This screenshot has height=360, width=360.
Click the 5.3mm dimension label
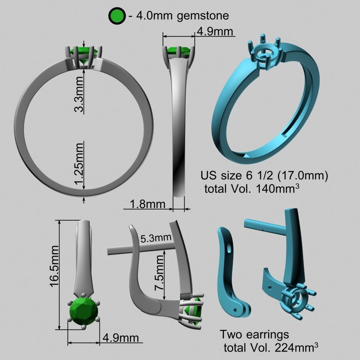click(x=156, y=238)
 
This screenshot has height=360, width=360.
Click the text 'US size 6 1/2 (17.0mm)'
click(x=264, y=176)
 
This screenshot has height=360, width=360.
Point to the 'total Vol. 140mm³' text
click(x=252, y=188)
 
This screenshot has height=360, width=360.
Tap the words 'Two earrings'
click(x=255, y=334)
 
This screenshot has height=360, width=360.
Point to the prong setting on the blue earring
click(x=297, y=299)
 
